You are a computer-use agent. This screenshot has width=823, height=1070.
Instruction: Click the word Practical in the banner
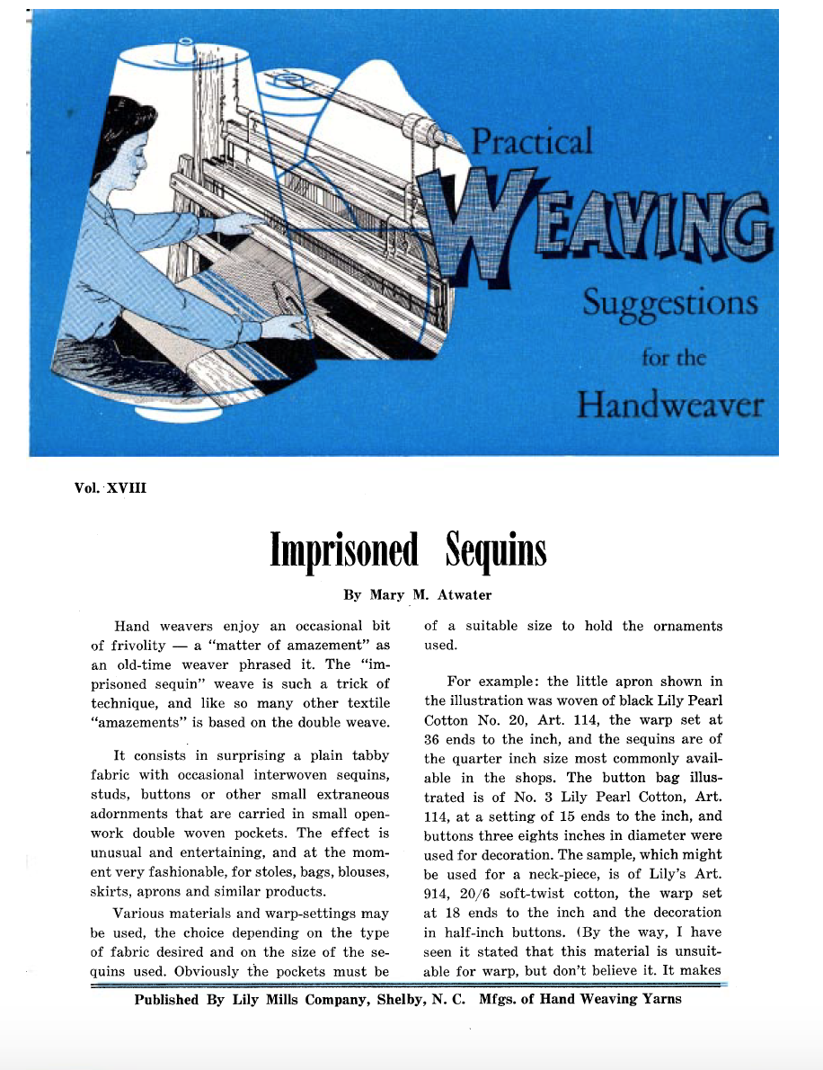532,142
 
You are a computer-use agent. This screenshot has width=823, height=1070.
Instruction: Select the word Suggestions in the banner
669,304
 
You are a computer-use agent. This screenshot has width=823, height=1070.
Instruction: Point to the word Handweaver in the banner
669,405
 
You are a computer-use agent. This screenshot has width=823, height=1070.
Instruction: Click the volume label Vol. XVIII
111,488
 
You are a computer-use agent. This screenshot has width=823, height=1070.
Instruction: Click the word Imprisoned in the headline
345,550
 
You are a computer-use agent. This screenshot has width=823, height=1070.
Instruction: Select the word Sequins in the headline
495,550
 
